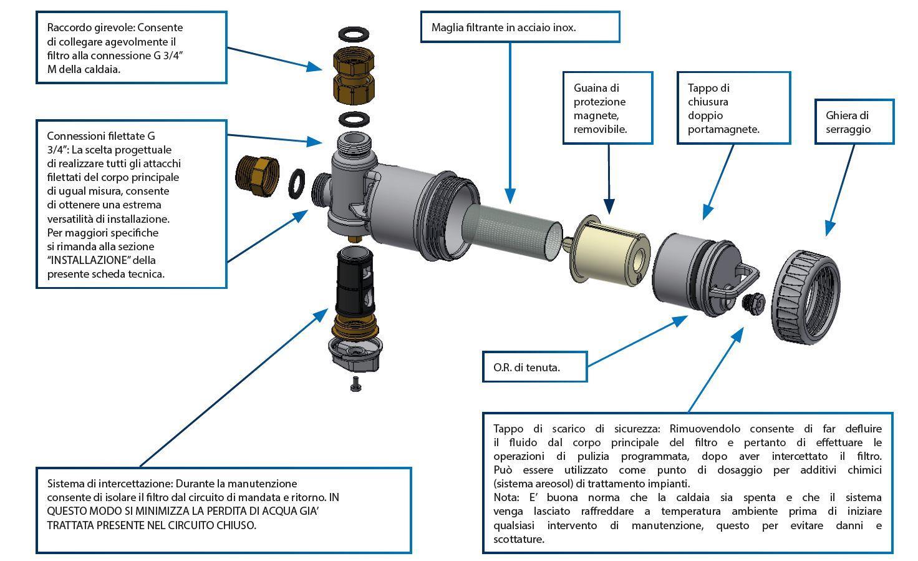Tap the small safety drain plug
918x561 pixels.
pyautogui.click(x=753, y=302)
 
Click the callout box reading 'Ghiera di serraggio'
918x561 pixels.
pyautogui.click(x=854, y=122)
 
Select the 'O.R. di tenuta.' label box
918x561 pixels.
pyautogui.click(x=535, y=367)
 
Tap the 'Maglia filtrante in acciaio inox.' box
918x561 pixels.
pyautogui.click(x=519, y=27)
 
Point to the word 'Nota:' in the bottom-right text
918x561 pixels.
pyautogui.click(x=506, y=497)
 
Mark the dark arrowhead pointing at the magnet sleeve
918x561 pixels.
pyautogui.click(x=609, y=207)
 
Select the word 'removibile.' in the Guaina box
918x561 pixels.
pyautogui.click(x=600, y=129)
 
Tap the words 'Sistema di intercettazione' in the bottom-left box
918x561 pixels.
pyautogui.click(x=109, y=484)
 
